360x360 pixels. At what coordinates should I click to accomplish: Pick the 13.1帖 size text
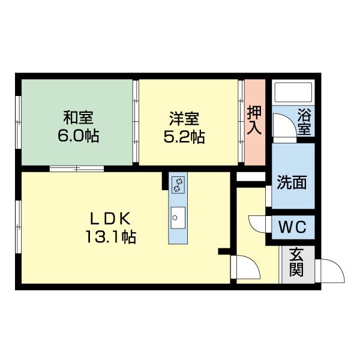[x=110, y=236]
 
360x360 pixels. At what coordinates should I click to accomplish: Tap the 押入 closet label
[x=253, y=120]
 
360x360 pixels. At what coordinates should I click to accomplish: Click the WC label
[x=292, y=228]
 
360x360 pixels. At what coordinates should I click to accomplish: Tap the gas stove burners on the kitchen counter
[x=178, y=184]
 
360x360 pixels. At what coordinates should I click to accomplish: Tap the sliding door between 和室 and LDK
[x=77, y=169]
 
